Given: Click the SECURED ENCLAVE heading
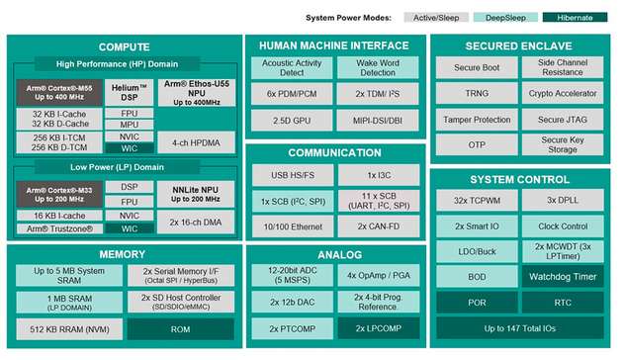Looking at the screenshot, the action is (x=523, y=45).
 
